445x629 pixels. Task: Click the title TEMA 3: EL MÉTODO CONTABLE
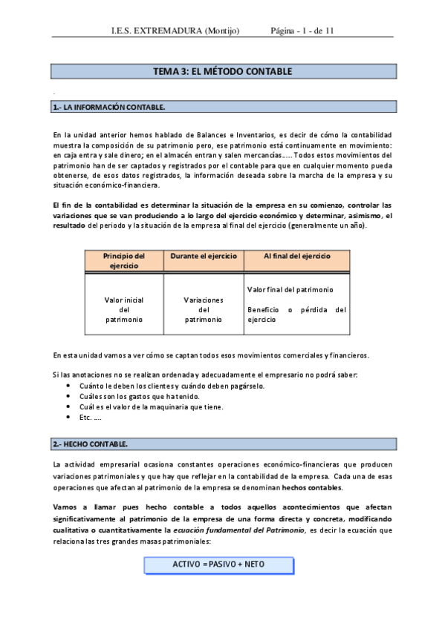point(222,72)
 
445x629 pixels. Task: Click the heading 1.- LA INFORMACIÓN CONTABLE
point(108,108)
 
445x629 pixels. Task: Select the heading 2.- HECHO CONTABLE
point(91,444)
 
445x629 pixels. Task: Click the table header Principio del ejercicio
point(123,260)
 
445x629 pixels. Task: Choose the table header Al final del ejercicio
point(296,256)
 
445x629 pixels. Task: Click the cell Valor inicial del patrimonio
point(123,309)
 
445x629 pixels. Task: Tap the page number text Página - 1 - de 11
point(303,30)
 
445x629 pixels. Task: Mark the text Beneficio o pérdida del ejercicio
point(295,314)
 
